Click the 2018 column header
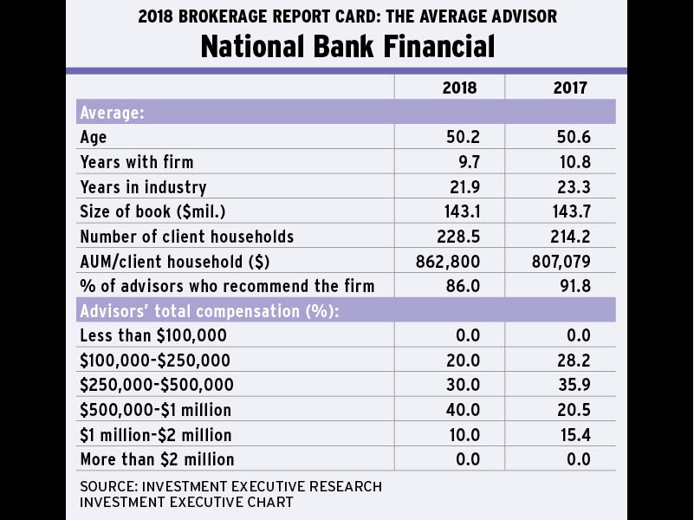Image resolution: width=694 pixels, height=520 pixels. [458, 88]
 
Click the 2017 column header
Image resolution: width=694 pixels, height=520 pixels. [570, 88]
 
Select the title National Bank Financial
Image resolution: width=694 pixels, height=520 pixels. [347, 46]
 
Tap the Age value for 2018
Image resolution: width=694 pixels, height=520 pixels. [460, 137]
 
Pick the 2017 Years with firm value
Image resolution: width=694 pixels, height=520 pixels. [572, 162]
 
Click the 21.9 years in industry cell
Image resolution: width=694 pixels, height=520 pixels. [460, 187]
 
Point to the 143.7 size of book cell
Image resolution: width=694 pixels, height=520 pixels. [570, 211]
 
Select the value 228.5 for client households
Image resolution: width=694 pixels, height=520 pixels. [458, 237]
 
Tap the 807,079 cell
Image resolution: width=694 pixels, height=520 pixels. [564, 261]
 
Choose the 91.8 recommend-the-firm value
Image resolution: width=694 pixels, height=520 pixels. [572, 286]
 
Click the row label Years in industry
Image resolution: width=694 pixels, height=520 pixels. [143, 187]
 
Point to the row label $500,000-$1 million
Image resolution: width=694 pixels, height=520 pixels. [155, 410]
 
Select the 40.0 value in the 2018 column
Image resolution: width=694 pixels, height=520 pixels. [460, 410]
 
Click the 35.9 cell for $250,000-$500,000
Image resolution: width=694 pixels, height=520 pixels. [572, 385]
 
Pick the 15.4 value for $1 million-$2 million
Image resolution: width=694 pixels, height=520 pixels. [572, 434]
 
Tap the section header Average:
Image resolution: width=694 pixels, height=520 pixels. [112, 113]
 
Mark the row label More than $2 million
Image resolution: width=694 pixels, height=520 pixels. [157, 459]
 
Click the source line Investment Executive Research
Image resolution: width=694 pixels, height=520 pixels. [230, 486]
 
